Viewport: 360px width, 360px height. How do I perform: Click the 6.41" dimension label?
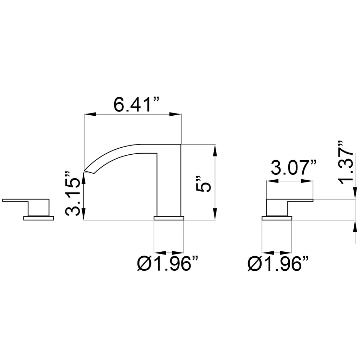(x=136, y=104)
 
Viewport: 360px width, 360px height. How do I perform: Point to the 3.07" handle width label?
(x=294, y=168)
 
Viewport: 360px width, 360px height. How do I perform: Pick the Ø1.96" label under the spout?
(x=167, y=263)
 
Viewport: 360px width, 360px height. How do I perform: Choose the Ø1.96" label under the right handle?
(x=278, y=263)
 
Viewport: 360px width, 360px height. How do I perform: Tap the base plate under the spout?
(x=169, y=218)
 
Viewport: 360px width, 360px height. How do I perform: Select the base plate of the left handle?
(x=39, y=218)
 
